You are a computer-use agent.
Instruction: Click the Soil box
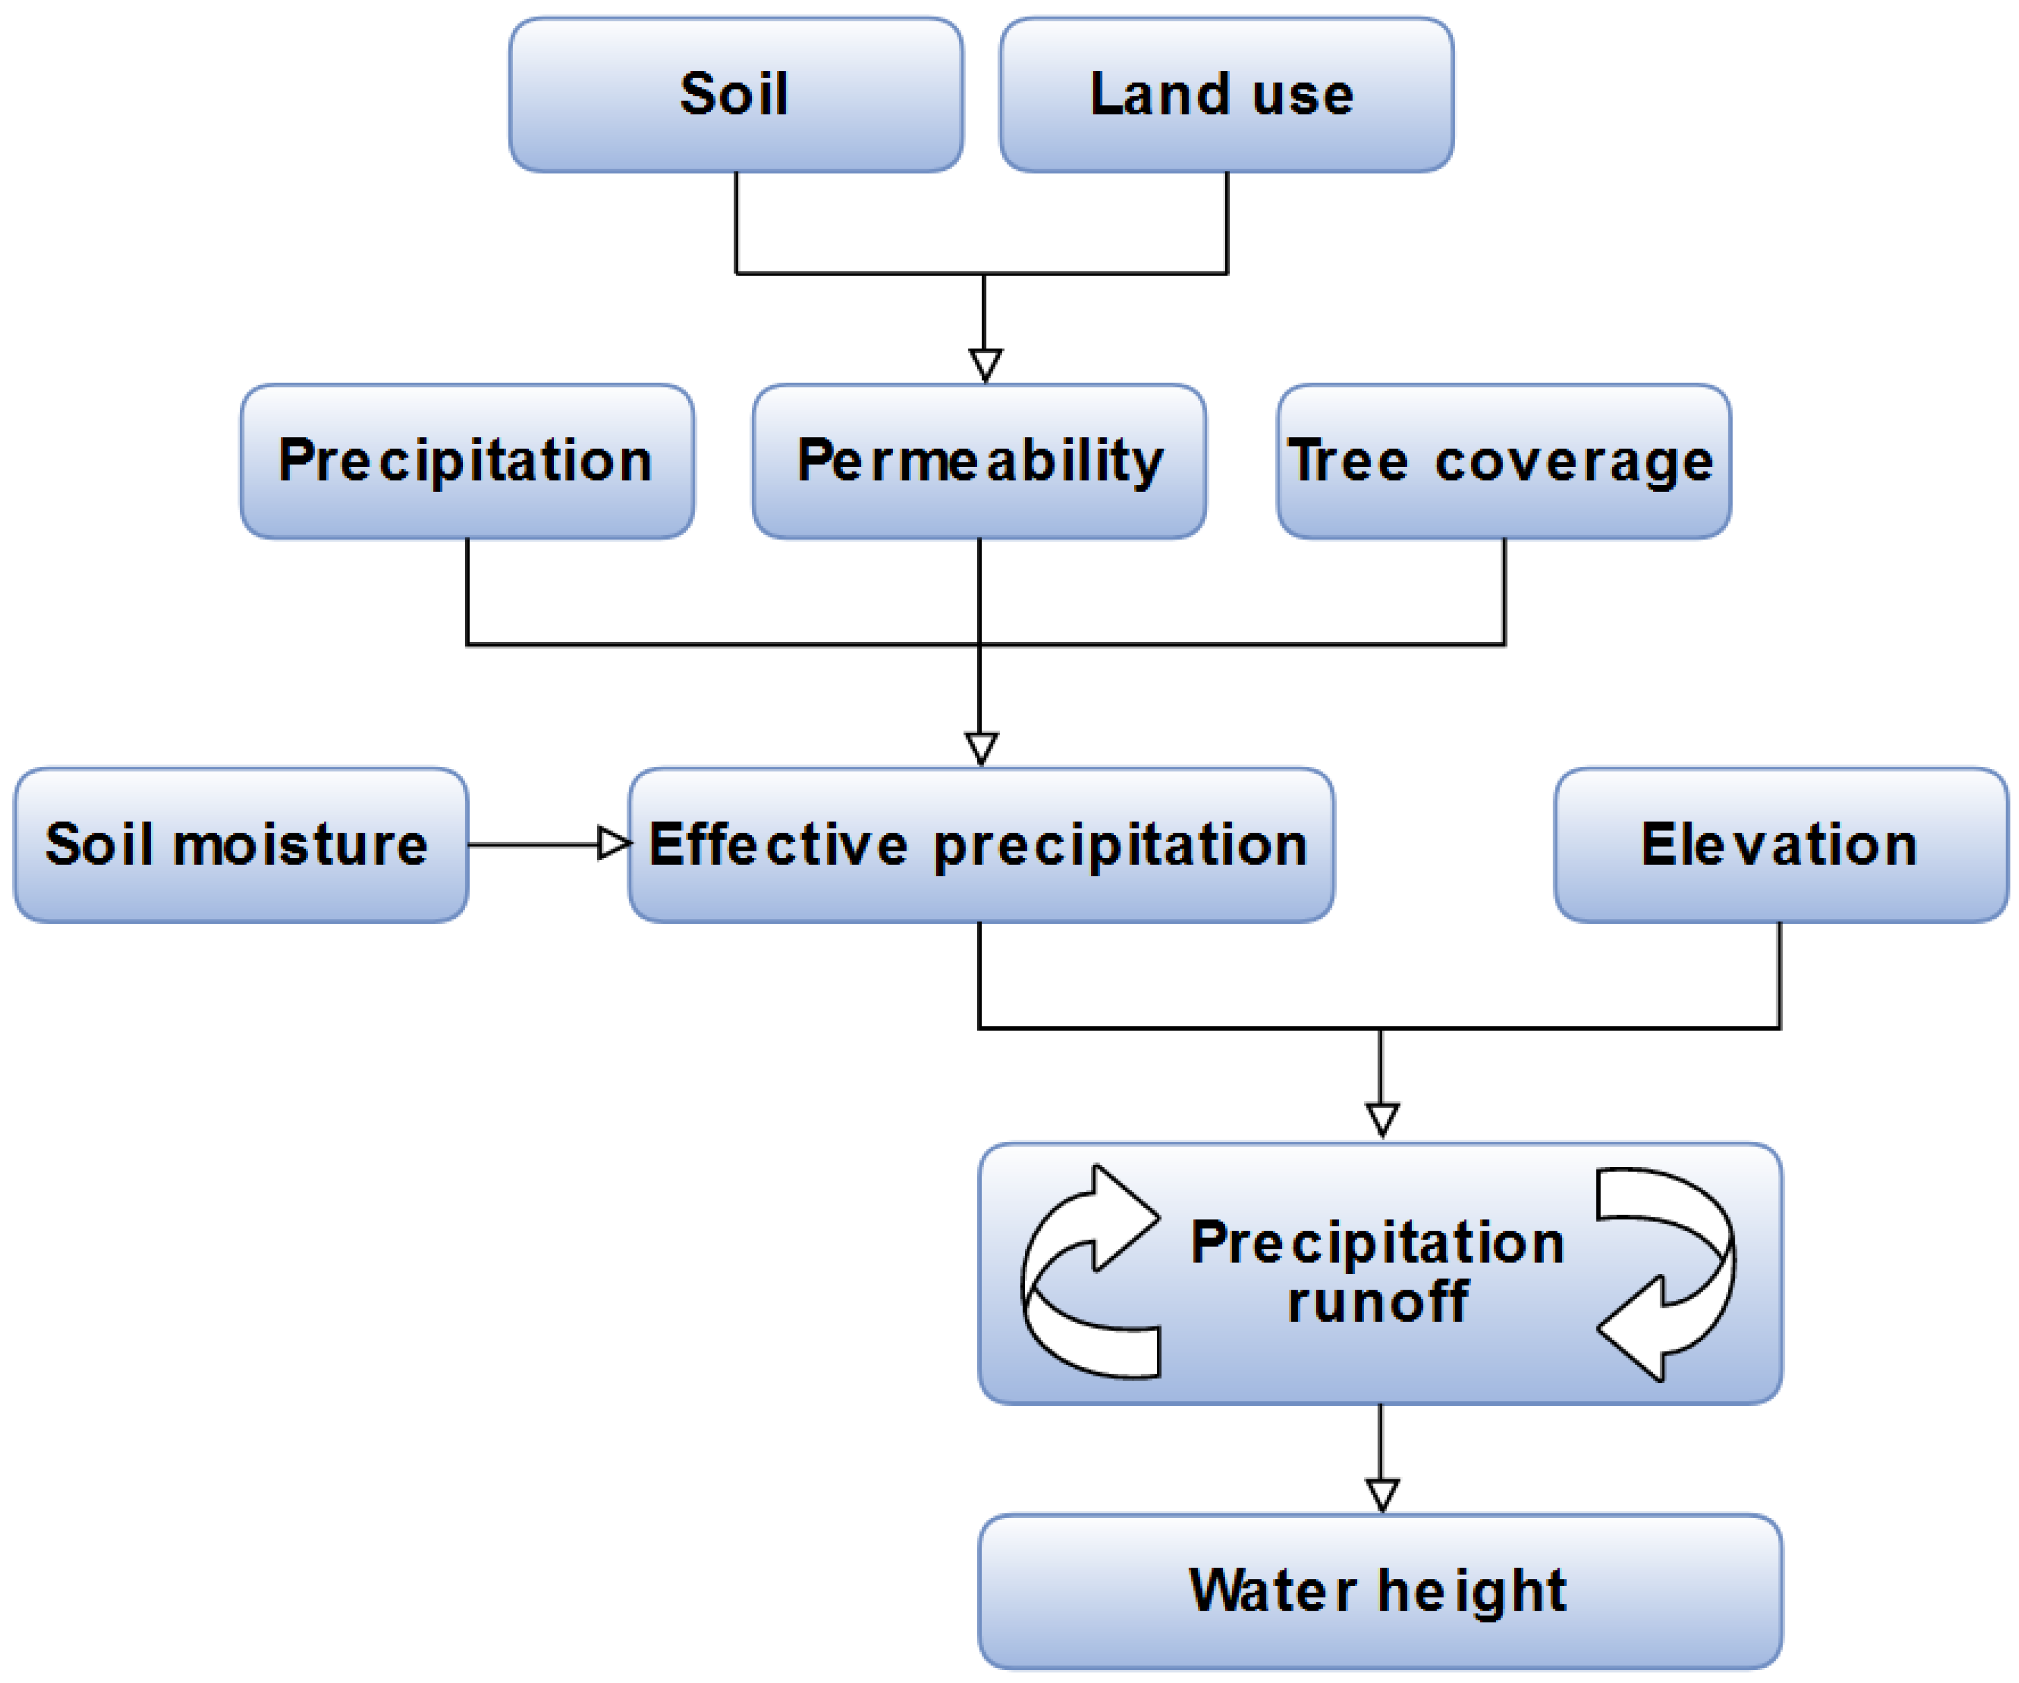[735, 94]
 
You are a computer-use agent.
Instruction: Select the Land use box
[1226, 94]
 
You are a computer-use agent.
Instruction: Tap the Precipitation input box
[468, 462]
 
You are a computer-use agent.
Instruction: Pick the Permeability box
[979, 462]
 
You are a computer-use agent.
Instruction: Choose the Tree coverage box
[1504, 462]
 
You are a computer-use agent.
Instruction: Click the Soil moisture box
[240, 845]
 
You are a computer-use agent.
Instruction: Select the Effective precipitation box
[981, 845]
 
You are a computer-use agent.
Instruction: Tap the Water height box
[1380, 1591]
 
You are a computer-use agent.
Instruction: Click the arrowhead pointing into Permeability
[985, 364]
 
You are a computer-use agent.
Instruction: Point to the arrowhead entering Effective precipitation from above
[981, 748]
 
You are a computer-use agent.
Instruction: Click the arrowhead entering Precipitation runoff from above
[1382, 1119]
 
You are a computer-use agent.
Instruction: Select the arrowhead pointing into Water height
[1382, 1495]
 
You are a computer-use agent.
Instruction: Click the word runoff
[1378, 1303]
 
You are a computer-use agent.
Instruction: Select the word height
[1472, 1592]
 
